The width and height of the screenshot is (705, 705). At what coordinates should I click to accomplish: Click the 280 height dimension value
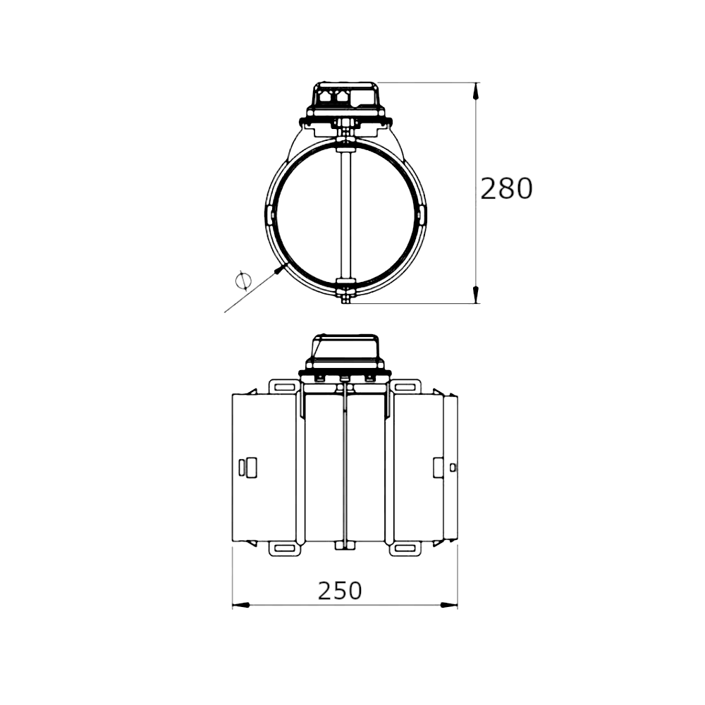point(506,188)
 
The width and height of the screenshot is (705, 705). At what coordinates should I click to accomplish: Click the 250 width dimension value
point(340,590)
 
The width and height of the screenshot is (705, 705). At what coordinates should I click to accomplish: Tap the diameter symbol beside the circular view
point(243,281)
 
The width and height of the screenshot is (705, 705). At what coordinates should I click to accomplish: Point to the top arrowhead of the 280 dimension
point(476,92)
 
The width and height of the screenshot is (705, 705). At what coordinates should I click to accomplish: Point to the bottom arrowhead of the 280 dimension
point(476,294)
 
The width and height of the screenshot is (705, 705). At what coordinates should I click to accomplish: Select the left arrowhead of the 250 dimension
point(241,605)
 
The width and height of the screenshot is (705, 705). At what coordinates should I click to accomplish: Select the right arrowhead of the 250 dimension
point(448,605)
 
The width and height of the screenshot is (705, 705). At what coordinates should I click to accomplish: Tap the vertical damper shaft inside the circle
point(345,215)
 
